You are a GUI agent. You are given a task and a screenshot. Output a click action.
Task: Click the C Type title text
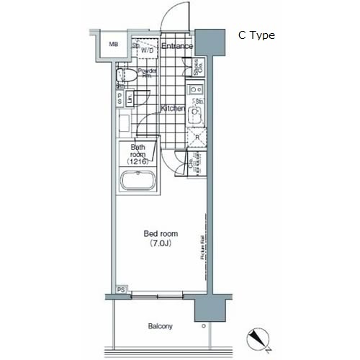tap(257, 35)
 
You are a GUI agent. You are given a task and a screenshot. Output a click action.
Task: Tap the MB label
tap(114, 45)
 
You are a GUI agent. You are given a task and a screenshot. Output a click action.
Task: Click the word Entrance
tap(176, 46)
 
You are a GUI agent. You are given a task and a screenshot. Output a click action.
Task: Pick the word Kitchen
tap(173, 108)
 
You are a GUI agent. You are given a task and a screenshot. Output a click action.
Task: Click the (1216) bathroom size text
tap(138, 162)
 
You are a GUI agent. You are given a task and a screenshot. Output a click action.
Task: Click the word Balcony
tap(161, 326)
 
